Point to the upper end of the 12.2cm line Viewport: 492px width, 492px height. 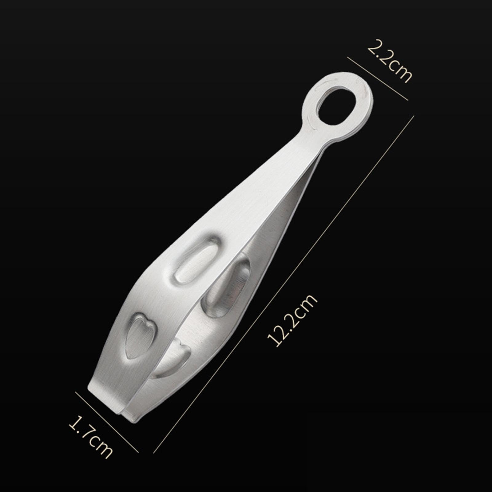(x=413, y=117)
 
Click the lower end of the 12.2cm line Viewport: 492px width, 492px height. (x=154, y=452)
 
